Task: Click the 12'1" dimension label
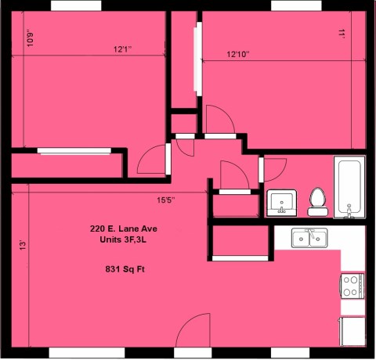[x=122, y=49]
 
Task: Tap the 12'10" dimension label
[x=238, y=54]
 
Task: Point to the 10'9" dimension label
[x=31, y=39]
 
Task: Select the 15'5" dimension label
[x=166, y=200]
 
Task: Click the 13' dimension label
[x=23, y=246]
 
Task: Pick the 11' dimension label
[x=342, y=34]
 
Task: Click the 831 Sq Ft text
[x=125, y=269]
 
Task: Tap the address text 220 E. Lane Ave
[x=124, y=229]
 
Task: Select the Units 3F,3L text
[x=123, y=239]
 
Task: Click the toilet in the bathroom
[x=318, y=202]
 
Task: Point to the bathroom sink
[x=282, y=203]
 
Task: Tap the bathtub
[x=349, y=187]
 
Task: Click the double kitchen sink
[x=309, y=238]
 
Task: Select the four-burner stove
[x=352, y=286]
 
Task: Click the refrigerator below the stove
[x=352, y=332]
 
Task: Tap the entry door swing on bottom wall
[x=193, y=330]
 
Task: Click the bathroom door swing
[x=275, y=170]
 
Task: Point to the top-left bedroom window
[x=76, y=5]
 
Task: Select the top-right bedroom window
[x=296, y=5]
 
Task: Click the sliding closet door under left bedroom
[x=74, y=151]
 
